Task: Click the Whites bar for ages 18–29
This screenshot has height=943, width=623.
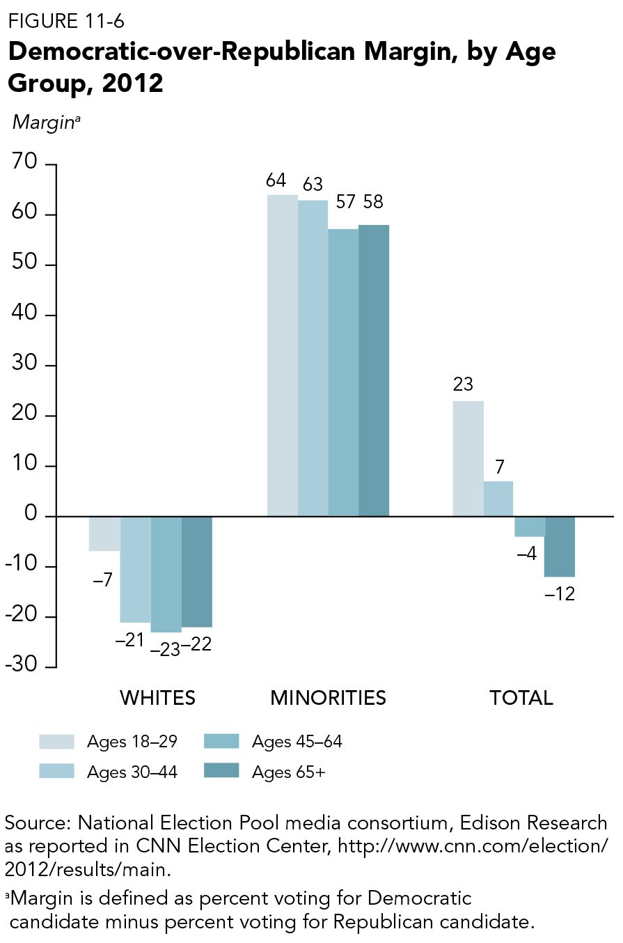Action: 104,533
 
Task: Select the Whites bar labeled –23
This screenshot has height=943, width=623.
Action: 166,574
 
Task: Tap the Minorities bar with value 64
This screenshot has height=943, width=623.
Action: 283,355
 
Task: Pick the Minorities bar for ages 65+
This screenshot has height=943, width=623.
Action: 374,371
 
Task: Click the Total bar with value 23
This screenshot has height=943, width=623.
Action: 468,458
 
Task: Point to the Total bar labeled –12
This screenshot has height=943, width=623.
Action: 560,547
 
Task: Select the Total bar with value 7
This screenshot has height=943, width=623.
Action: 498,499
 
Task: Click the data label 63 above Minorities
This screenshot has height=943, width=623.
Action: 313,185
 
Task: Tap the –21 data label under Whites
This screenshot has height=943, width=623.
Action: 130,639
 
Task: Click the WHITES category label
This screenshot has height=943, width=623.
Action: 158,698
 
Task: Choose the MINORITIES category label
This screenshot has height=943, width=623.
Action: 328,698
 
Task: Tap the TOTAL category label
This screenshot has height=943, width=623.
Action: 521,698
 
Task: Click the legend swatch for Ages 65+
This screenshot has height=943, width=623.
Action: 221,771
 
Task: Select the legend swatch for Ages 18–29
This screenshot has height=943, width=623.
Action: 56,741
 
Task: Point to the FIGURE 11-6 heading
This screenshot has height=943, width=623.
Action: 66,21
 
